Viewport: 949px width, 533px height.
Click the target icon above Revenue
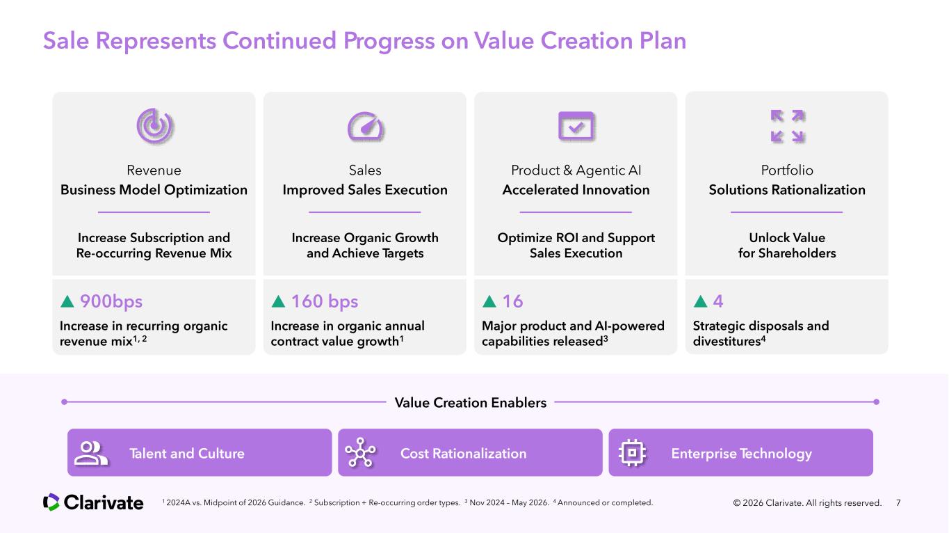pyautogui.click(x=154, y=125)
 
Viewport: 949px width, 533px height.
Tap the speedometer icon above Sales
pyautogui.click(x=365, y=126)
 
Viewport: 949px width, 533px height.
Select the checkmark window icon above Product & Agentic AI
pyautogui.click(x=576, y=125)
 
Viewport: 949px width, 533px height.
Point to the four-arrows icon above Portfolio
pyautogui.click(x=788, y=125)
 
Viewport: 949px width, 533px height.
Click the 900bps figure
pyautogui.click(x=111, y=301)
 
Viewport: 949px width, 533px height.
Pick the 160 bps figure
pyautogui.click(x=325, y=301)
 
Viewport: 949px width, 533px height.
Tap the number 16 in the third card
pyautogui.click(x=512, y=301)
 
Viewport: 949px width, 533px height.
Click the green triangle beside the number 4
pyautogui.click(x=700, y=301)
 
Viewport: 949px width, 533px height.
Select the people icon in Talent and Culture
pyautogui.click(x=90, y=453)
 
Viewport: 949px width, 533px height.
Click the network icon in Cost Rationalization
pyautogui.click(x=360, y=452)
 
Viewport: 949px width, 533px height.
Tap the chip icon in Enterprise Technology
pyautogui.click(x=632, y=452)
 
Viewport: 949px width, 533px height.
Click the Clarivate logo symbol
pyautogui.click(x=51, y=502)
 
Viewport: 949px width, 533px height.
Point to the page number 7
pyautogui.click(x=898, y=503)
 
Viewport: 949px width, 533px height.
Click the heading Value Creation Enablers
pyautogui.click(x=470, y=402)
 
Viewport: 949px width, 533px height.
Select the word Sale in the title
pyautogui.click(x=66, y=41)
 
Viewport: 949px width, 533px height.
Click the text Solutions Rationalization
pyautogui.click(x=787, y=189)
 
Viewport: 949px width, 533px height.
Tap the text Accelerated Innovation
pyautogui.click(x=576, y=189)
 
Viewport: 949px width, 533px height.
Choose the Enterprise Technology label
pyautogui.click(x=741, y=453)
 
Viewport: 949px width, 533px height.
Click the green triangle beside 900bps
pyautogui.click(x=67, y=301)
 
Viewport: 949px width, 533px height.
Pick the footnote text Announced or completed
pyautogui.click(x=605, y=502)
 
